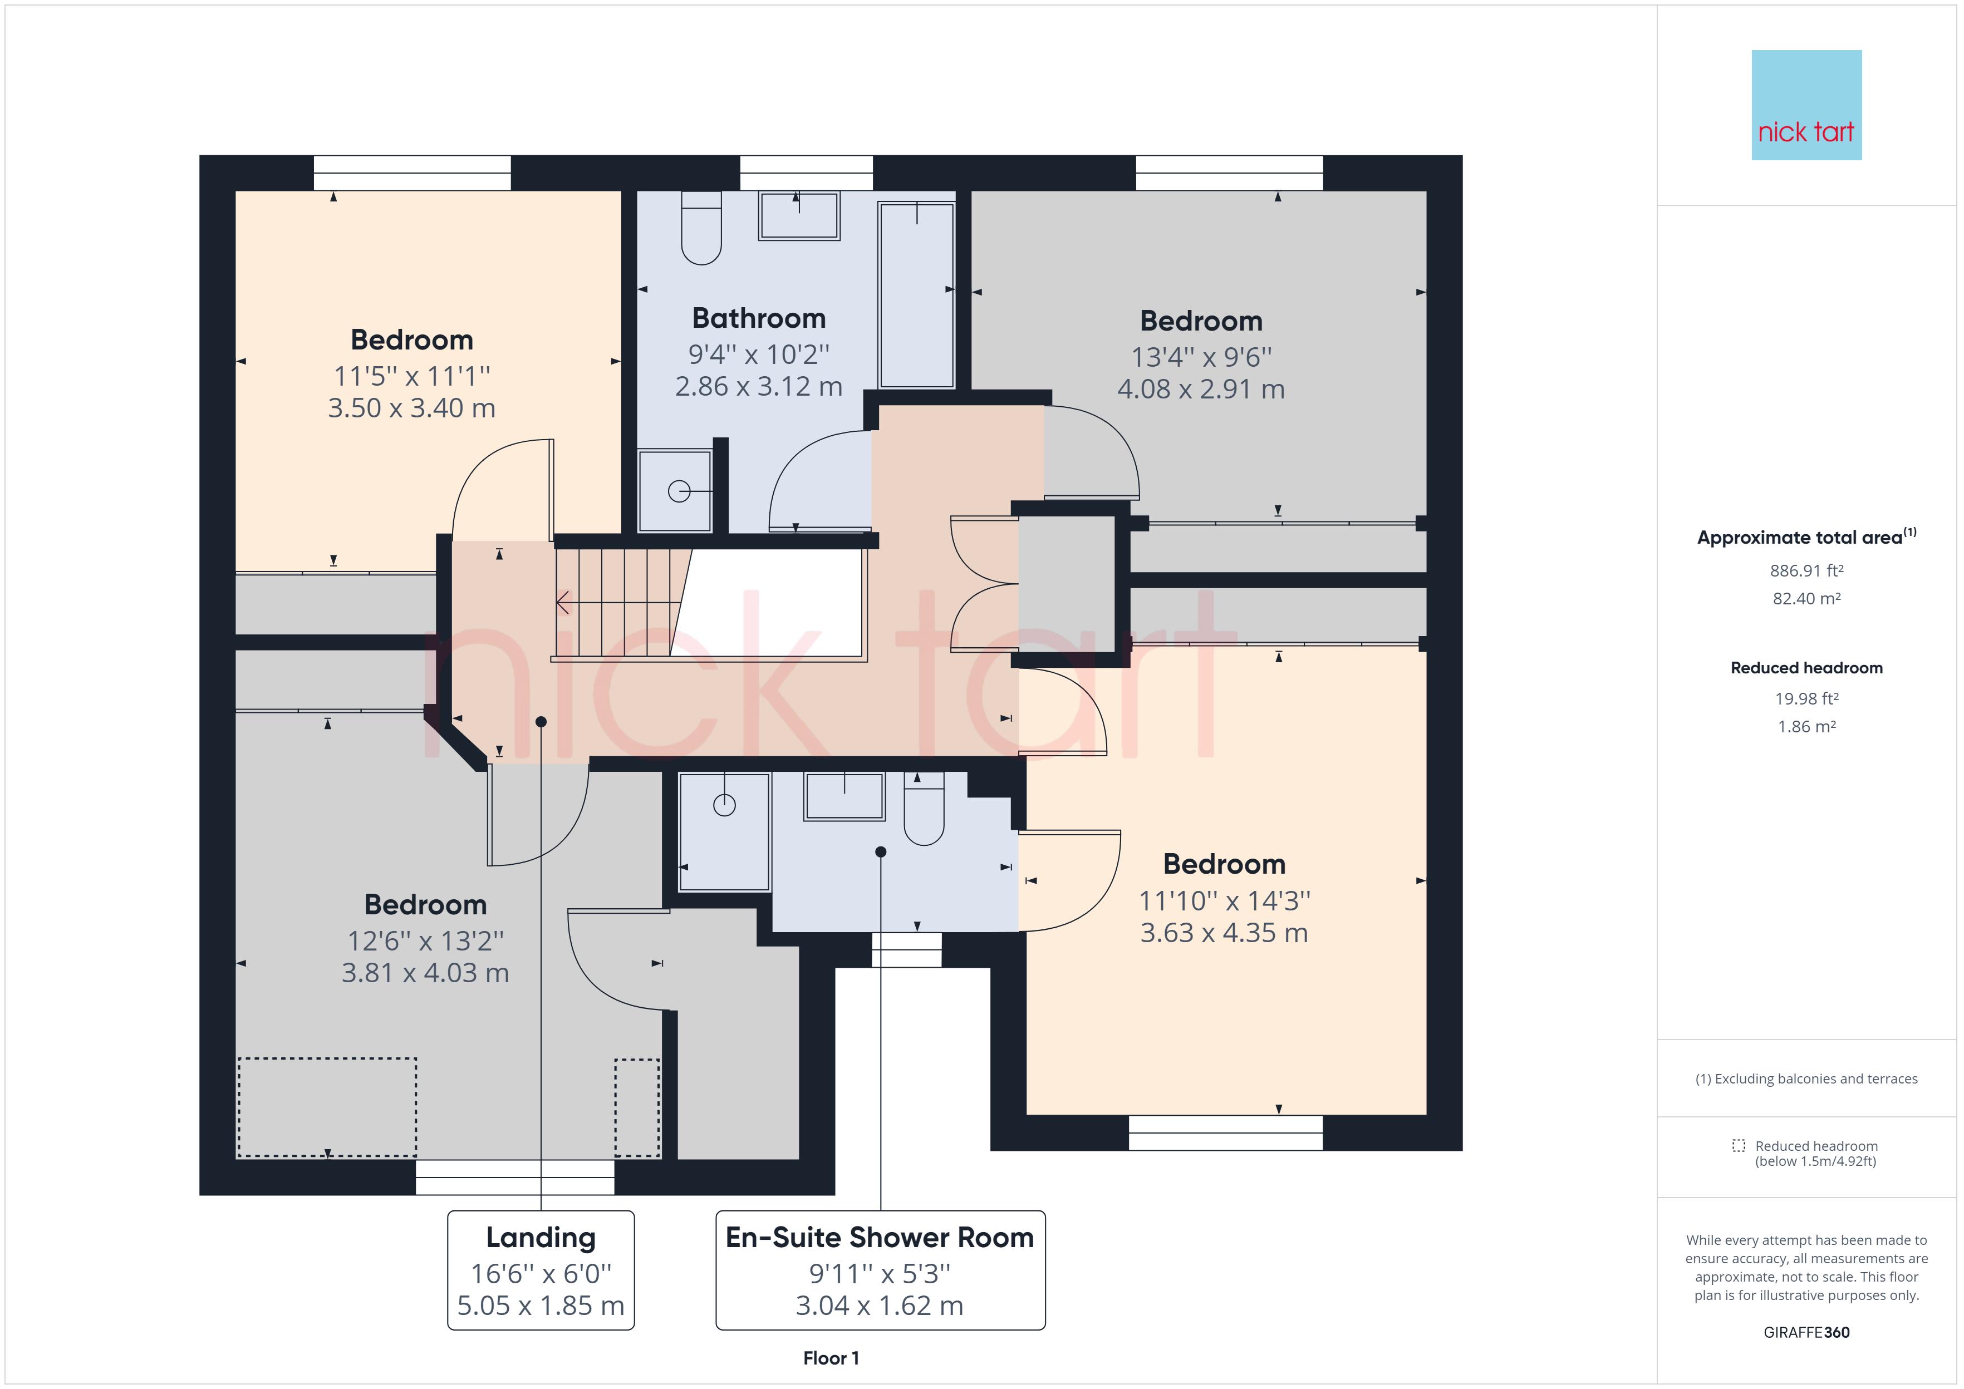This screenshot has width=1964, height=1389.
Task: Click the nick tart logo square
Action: pos(1806,105)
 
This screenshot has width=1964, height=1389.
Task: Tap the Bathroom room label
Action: pos(759,318)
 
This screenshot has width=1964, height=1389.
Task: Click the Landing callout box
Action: pos(541,1270)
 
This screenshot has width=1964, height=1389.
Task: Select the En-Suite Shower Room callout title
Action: pos(880,1238)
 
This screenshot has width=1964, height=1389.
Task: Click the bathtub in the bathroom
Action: pos(916,295)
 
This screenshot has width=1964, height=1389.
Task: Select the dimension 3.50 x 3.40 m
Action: pos(411,408)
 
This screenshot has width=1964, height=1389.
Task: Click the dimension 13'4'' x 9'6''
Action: pos(1201,357)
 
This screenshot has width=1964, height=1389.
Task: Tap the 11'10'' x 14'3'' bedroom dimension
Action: pos(1224,900)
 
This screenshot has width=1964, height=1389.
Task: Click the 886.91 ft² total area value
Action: pos(1806,570)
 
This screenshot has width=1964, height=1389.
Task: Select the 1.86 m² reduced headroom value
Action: pos(1806,727)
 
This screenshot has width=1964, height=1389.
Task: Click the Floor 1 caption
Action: pos(831,1358)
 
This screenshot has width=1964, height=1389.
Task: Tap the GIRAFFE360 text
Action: pos(1806,1333)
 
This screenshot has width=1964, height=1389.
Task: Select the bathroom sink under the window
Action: pos(799,215)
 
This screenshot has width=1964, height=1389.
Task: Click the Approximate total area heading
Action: pos(1806,537)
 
